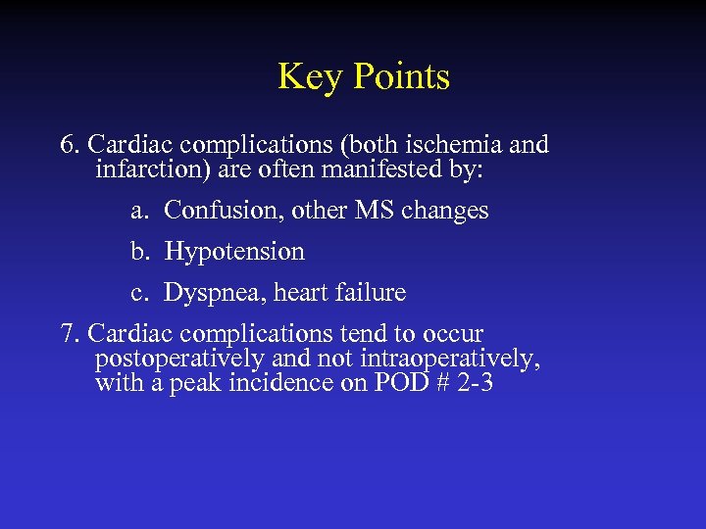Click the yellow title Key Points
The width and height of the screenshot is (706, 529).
363,76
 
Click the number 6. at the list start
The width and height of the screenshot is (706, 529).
70,145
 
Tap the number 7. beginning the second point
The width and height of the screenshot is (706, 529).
70,334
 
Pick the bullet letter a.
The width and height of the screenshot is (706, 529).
138,211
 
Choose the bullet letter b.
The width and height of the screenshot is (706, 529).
138,252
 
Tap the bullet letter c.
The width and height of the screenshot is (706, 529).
138,293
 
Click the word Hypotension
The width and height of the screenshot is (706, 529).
234,252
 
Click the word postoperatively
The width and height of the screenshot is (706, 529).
178,360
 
